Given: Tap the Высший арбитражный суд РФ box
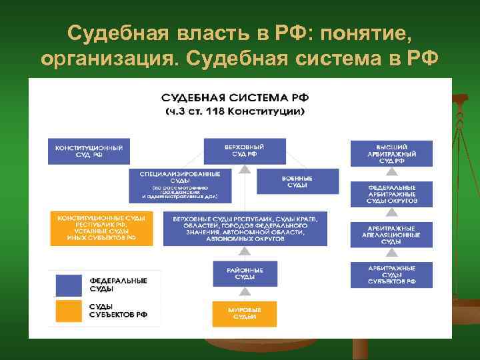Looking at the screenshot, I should click(391, 153).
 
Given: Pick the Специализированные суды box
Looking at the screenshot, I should click(180, 185).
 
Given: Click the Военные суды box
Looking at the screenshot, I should click(297, 181).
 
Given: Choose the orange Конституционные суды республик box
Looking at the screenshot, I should click(101, 228).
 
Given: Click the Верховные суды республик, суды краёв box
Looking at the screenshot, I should click(245, 229).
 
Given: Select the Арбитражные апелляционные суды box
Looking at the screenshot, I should click(391, 235).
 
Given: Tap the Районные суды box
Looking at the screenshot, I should click(245, 273).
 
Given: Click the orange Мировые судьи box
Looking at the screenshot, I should click(245, 314).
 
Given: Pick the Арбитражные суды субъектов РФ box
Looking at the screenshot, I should click(391, 275).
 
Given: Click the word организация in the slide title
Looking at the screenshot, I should click(106, 59).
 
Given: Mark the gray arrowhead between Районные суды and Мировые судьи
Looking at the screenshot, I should click(245, 292).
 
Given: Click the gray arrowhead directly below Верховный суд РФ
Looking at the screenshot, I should click(245, 169).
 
